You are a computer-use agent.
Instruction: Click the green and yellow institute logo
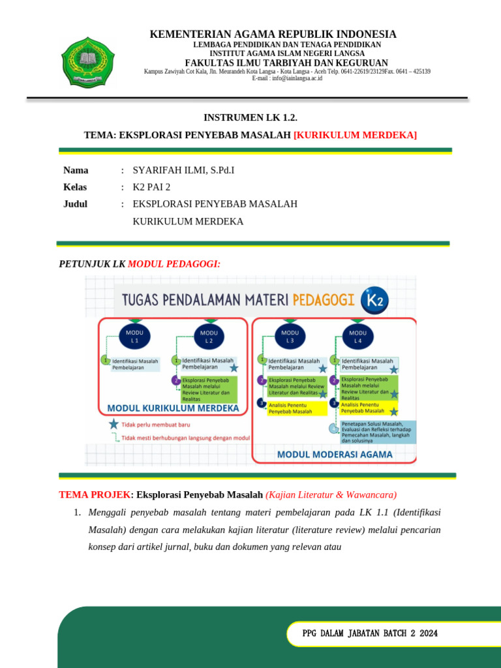pos(87,61)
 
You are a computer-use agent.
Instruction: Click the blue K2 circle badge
pos(376,301)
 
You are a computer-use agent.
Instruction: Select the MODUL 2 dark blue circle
pos(209,336)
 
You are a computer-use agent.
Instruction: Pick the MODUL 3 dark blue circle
pos(290,336)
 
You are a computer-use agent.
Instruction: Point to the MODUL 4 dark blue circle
pos(357,336)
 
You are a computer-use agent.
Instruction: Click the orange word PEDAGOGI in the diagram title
pos(324,300)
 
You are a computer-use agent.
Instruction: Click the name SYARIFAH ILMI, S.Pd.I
pos(183,170)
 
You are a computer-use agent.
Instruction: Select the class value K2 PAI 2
pos(151,187)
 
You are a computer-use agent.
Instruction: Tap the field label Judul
pos(75,204)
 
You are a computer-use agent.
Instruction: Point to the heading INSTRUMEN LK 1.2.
pos(250,117)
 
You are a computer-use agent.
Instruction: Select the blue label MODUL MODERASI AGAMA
pos(335,454)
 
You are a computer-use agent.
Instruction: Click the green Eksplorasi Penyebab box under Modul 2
pos(209,389)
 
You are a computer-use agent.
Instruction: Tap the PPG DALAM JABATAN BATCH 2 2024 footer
pos(370,633)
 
